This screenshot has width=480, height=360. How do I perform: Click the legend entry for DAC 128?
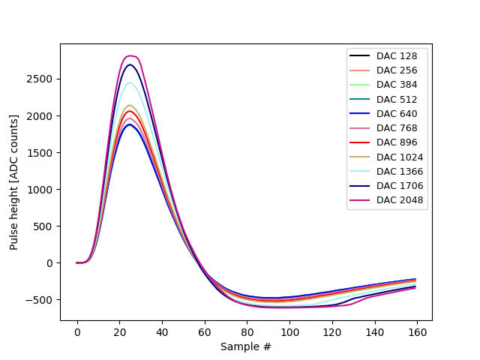[397, 56]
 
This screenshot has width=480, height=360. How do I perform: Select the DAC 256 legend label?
[397, 70]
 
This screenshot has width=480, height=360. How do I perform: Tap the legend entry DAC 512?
[397, 99]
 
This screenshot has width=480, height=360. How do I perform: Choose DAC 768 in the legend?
[397, 128]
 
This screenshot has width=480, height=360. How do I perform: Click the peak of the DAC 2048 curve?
[130, 56]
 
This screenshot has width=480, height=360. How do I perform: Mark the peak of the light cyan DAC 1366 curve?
[129, 82]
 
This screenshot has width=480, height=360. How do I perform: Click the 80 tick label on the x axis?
[247, 331]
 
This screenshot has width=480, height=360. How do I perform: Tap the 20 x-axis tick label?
[119, 331]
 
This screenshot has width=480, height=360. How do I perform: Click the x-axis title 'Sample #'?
[246, 346]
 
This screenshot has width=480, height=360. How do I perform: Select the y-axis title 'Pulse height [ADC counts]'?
[14, 182]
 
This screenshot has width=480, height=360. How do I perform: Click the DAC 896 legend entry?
[397, 142]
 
